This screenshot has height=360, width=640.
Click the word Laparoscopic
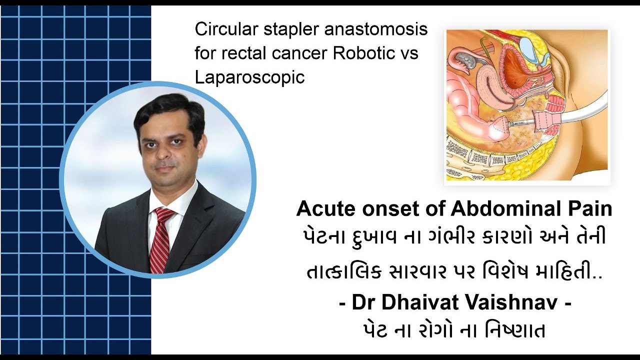point(249,77)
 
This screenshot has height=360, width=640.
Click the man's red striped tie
point(161,240)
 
